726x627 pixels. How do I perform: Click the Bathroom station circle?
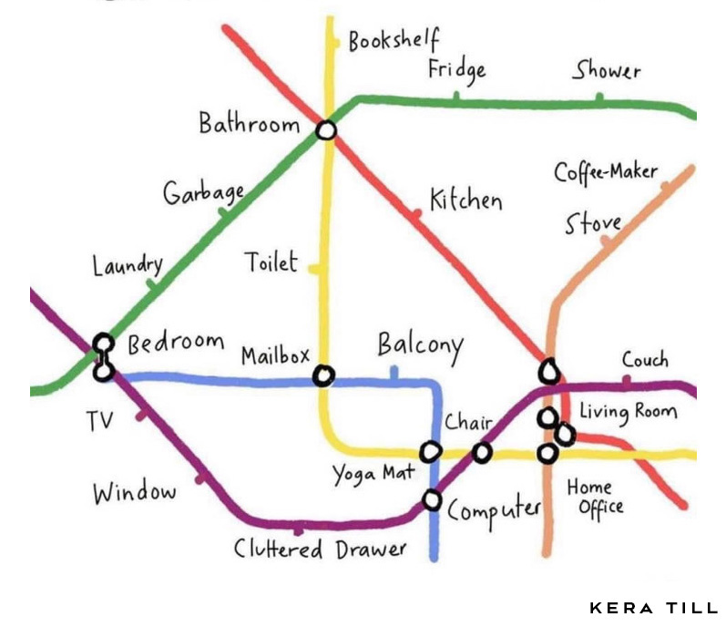point(326,130)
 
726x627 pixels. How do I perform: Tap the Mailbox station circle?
point(323,375)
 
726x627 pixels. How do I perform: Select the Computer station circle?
point(433,500)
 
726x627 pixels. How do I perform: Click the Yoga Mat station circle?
point(430,451)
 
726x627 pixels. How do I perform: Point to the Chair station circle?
point(482,451)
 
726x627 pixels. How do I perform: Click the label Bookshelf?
point(394,42)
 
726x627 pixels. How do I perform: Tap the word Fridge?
point(457,69)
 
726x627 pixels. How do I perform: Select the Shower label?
point(607,70)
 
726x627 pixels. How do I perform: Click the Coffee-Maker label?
point(606,171)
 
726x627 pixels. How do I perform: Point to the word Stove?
point(593,223)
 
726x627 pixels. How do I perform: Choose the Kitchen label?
point(465,199)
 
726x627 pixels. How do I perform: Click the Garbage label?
point(204,192)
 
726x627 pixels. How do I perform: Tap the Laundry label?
point(128,265)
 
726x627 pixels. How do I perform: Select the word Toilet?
point(271,262)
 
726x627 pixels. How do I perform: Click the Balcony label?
point(420,346)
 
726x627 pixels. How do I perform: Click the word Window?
point(134,493)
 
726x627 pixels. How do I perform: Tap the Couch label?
point(645,359)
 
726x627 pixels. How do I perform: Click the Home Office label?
point(595,498)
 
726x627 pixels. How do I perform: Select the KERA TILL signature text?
point(653,608)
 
